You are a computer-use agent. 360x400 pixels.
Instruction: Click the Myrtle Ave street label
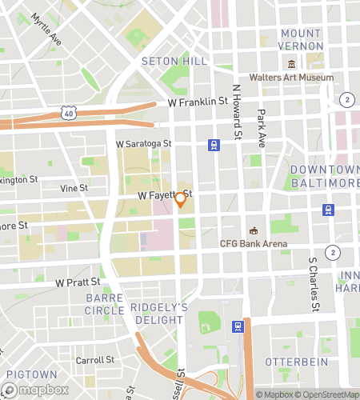(x=46, y=29)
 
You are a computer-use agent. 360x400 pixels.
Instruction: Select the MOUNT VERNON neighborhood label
(x=302, y=39)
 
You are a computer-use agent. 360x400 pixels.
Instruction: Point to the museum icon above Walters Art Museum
(x=291, y=64)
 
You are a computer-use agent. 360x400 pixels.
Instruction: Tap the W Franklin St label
(x=198, y=102)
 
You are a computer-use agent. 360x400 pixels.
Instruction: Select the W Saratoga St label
(x=144, y=144)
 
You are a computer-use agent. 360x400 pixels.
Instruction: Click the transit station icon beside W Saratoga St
(x=214, y=145)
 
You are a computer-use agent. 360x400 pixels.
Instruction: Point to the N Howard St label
(x=236, y=112)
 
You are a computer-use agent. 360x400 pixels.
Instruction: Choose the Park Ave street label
(x=261, y=129)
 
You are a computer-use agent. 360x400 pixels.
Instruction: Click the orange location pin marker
(x=181, y=200)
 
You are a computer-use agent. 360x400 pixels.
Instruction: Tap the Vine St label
(x=74, y=188)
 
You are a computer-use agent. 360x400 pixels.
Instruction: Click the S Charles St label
(x=314, y=285)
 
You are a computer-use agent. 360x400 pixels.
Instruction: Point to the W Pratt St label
(x=78, y=282)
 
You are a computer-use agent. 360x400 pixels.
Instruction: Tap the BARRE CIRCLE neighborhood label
(x=105, y=304)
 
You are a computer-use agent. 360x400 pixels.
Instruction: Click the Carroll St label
(x=96, y=360)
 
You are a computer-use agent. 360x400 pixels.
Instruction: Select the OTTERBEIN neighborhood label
(x=298, y=362)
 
